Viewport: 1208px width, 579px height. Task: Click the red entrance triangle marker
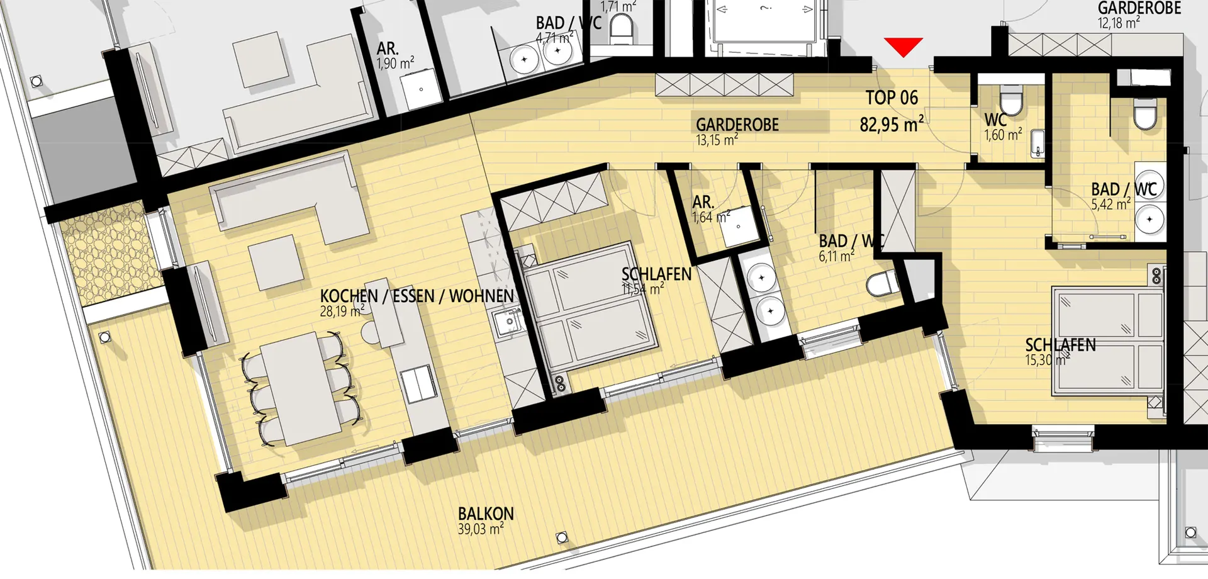pyautogui.click(x=903, y=46)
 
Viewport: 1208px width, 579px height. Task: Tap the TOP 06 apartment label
pyautogui.click(x=892, y=98)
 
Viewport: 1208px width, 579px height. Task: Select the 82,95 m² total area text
pyautogui.click(x=892, y=124)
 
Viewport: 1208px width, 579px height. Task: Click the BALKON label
pyautogui.click(x=486, y=514)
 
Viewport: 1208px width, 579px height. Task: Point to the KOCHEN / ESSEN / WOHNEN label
pyautogui.click(x=417, y=296)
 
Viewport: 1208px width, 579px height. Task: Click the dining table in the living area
pyautogui.click(x=301, y=389)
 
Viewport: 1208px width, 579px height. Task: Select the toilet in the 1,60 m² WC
pyautogui.click(x=1011, y=101)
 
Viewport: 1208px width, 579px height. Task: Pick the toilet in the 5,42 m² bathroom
pyautogui.click(x=1145, y=113)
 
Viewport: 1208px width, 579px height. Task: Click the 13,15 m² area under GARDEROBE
pyautogui.click(x=717, y=140)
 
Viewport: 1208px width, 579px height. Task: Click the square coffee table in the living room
pyautogui.click(x=276, y=262)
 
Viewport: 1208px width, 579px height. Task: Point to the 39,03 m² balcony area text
pyautogui.click(x=481, y=529)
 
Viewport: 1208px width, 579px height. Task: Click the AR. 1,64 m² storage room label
pyautogui.click(x=711, y=210)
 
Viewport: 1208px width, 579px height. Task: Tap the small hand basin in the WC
pyautogui.click(x=1037, y=144)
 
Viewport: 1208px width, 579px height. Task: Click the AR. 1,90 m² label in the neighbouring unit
pyautogui.click(x=395, y=56)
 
